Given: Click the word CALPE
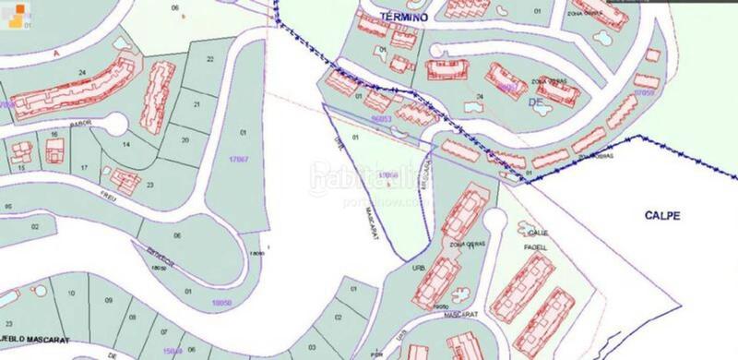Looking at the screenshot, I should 662,215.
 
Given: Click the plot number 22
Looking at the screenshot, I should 210,59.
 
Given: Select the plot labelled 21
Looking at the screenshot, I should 196,105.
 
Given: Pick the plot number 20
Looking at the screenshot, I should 185,140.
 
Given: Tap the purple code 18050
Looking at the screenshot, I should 219,302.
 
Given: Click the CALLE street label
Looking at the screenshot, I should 539,232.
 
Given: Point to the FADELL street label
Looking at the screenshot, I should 538,247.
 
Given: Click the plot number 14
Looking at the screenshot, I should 125,145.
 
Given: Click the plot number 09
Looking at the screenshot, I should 108,301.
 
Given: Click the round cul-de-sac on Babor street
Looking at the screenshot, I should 113,123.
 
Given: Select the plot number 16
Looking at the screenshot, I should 54,135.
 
